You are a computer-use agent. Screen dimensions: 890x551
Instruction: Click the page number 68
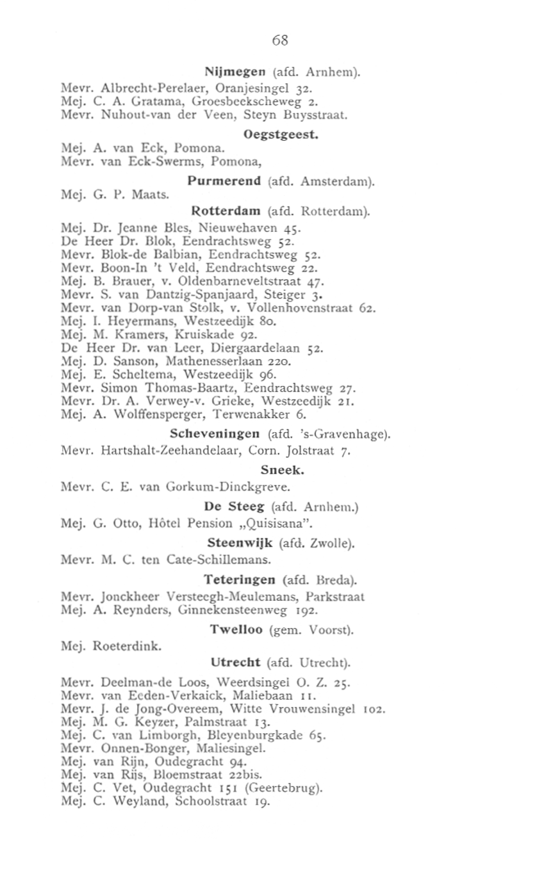pyautogui.click(x=280, y=40)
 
